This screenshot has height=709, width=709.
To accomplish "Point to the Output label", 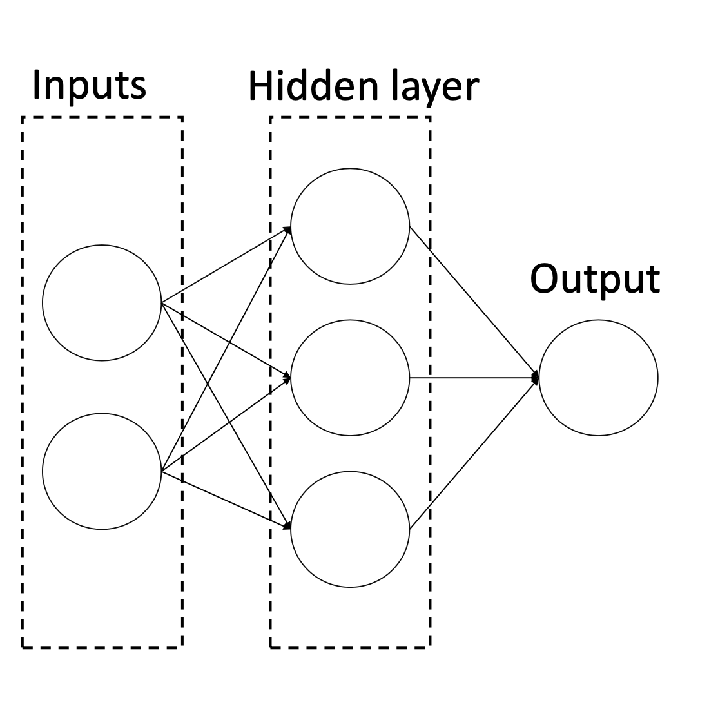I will [x=594, y=279].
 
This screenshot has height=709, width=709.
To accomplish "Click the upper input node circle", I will [x=102, y=302].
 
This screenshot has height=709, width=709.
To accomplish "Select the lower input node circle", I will [x=102, y=471].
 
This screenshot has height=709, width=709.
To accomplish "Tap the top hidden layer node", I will [x=350, y=226].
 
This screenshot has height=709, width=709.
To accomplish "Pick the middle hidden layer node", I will [x=350, y=378].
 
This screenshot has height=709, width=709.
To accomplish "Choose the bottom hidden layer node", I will [x=350, y=529].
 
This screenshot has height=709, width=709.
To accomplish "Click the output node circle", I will [x=598, y=378].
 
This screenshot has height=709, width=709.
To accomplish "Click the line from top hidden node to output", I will [x=474, y=302].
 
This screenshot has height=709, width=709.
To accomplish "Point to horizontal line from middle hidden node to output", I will [x=474, y=378].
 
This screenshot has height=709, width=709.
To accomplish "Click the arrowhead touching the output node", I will [x=534, y=378].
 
